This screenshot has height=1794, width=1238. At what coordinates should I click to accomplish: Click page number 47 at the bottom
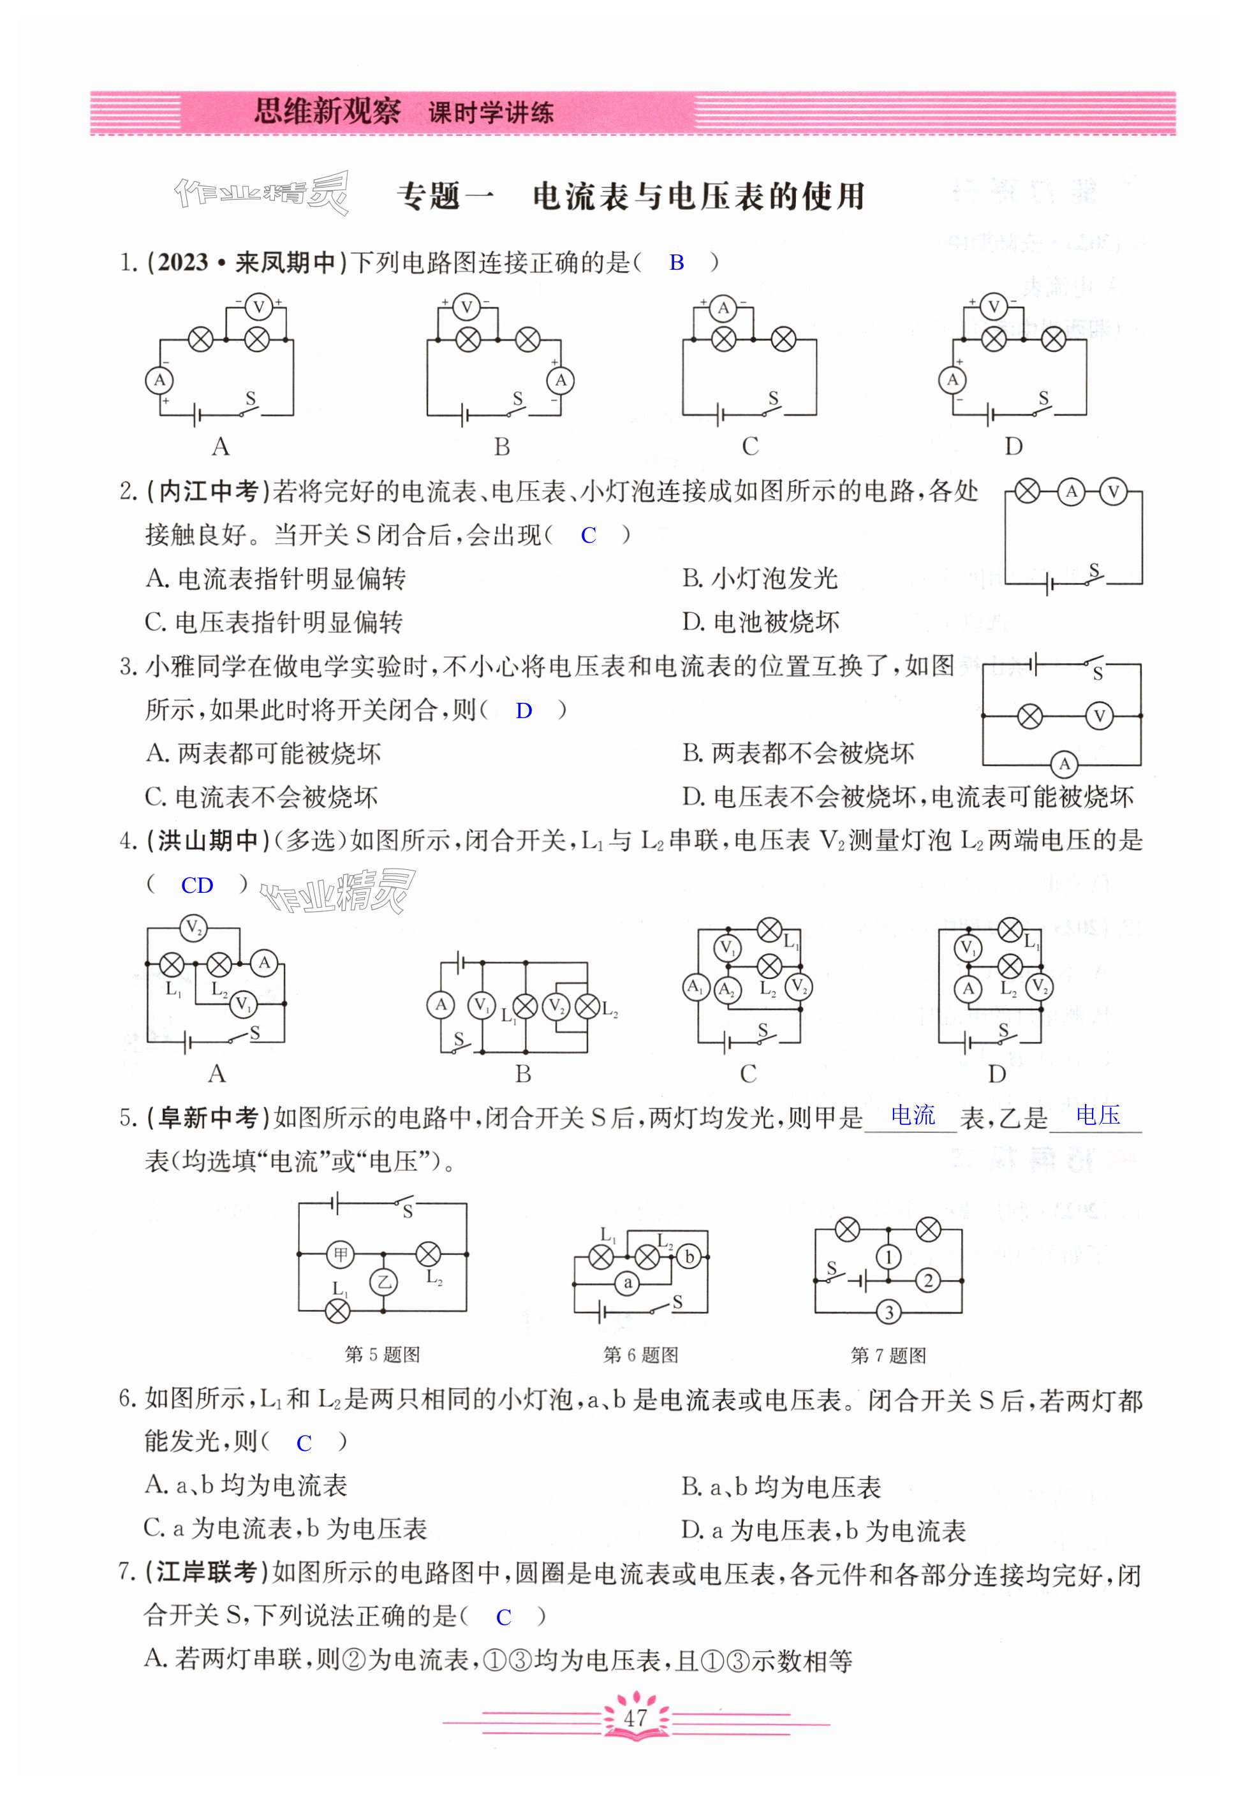[x=635, y=1717]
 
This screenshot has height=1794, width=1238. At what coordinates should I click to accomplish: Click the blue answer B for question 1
[x=676, y=263]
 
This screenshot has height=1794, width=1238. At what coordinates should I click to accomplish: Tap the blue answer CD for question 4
[x=197, y=886]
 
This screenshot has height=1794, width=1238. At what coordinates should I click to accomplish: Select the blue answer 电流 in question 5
[x=913, y=1115]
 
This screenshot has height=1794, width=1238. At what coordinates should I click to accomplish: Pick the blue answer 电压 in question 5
[x=1098, y=1115]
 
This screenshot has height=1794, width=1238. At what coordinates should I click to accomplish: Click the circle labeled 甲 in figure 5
[x=341, y=1254]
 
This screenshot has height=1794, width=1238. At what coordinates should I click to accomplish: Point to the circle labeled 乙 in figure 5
[x=383, y=1282]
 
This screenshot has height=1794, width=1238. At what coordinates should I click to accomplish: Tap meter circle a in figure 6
[x=628, y=1284]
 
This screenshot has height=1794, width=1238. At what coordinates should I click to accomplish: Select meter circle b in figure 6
[x=689, y=1256]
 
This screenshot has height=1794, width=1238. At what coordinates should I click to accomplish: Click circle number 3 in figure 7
[x=889, y=1312]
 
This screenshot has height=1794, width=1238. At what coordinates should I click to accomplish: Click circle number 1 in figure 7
[x=889, y=1256]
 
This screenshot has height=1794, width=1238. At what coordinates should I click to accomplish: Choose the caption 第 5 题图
[x=383, y=1354]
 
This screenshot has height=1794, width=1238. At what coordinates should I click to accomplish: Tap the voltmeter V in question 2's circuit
[x=1114, y=492]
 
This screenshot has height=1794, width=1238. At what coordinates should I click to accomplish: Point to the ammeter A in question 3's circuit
[x=1065, y=764]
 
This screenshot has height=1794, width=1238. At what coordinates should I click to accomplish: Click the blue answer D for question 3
[x=524, y=710]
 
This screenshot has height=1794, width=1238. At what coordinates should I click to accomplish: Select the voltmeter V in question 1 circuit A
[x=258, y=308]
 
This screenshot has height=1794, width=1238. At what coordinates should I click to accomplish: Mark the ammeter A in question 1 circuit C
[x=723, y=308]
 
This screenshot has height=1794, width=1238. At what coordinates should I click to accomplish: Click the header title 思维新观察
[x=327, y=112]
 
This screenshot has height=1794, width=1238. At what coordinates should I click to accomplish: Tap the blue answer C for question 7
[x=503, y=1617]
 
